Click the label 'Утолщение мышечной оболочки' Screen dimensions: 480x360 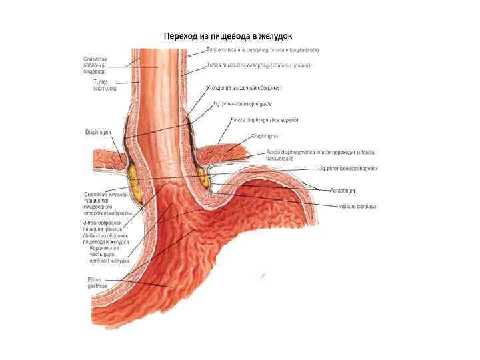243,87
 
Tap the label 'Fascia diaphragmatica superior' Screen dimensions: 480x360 265,120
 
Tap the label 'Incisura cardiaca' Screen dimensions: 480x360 357,207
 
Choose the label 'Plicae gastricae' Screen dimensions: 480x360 98,283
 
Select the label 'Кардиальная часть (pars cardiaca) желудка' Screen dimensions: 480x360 105,255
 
